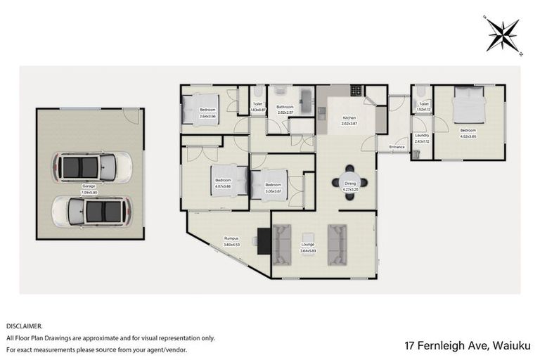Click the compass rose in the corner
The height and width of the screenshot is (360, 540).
(x=501, y=33)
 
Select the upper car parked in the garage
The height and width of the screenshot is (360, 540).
(x=91, y=167)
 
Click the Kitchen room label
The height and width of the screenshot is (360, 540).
(x=349, y=120)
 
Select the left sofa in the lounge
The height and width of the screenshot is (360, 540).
(x=282, y=244)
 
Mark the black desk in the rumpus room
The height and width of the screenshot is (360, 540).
(x=264, y=241)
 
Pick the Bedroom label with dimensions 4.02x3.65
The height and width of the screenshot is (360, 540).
(x=468, y=132)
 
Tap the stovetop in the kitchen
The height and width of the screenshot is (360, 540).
(x=356, y=91)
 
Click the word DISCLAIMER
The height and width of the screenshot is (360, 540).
(x=25, y=326)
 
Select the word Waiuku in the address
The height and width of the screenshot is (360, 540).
(x=512, y=345)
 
